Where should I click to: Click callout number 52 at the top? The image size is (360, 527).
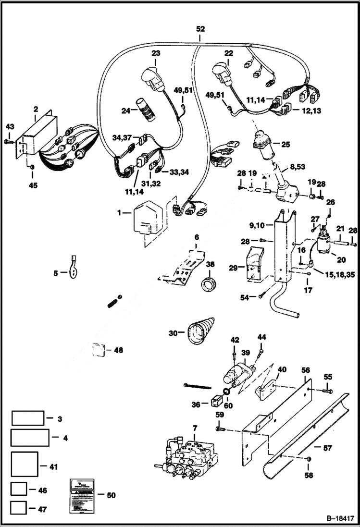[x=200, y=29]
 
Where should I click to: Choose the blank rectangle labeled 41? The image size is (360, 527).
[x=25, y=466]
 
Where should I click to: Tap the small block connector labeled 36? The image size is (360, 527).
[x=216, y=399]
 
